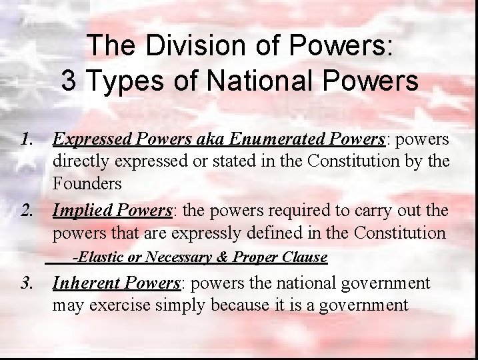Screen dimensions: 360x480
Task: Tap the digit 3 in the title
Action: (68, 81)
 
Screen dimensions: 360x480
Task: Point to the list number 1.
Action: (27, 139)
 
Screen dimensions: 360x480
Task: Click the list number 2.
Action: (27, 211)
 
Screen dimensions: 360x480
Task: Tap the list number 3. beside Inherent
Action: (27, 283)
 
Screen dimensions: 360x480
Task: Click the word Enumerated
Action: (277, 139)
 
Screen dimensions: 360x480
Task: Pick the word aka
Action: (212, 139)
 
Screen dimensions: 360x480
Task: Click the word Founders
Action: (87, 183)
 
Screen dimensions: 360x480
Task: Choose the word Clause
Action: (304, 257)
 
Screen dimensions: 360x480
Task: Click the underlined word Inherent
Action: (85, 283)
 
